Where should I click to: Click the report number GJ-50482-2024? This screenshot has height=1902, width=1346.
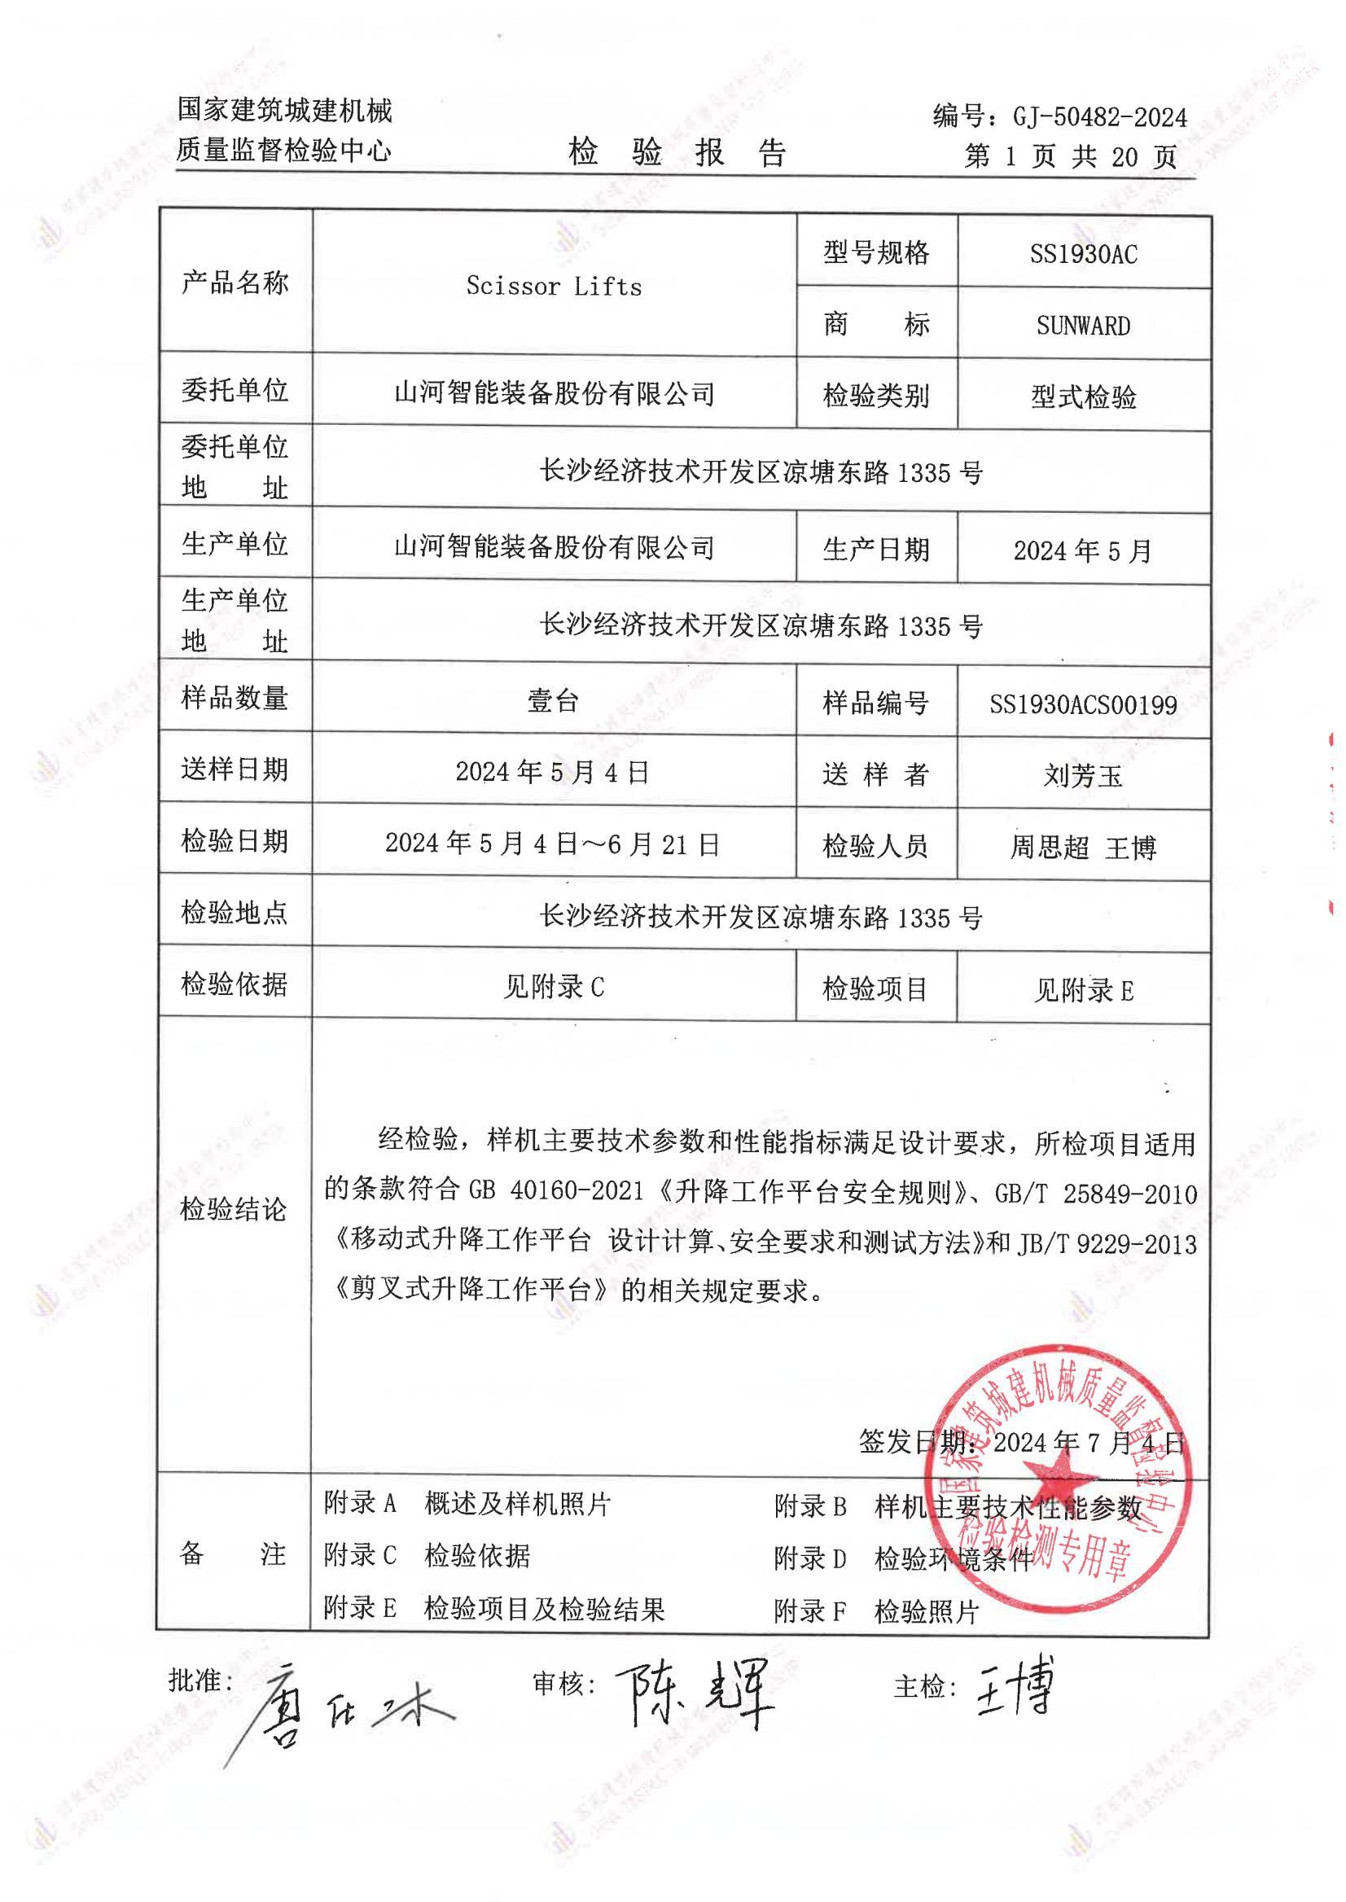(x=1099, y=118)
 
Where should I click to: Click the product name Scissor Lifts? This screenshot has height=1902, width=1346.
(x=554, y=287)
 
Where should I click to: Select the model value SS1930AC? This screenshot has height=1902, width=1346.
(x=1083, y=253)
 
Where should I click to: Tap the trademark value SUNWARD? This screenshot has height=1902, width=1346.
(x=1082, y=326)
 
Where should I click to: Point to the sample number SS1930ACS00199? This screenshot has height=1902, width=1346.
(x=1082, y=705)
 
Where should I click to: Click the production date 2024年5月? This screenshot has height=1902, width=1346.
(x=1082, y=550)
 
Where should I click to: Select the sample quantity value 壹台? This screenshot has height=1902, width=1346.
(x=553, y=701)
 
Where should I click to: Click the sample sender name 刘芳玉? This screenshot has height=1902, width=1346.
(x=1082, y=776)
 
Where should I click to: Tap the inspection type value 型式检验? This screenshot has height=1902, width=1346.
(x=1082, y=398)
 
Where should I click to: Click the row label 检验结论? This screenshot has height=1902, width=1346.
(x=234, y=1210)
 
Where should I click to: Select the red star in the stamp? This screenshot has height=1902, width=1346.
(x=1058, y=1477)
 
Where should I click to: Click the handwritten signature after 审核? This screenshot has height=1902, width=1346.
(x=695, y=1690)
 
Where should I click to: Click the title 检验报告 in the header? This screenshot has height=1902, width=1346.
(x=677, y=152)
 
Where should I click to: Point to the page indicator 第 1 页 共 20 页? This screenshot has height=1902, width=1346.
(x=1070, y=156)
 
